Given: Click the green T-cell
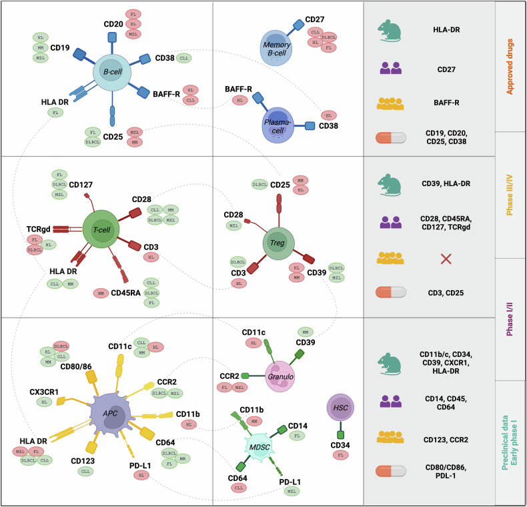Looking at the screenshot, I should (101, 229).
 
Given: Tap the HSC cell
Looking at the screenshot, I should (340, 408).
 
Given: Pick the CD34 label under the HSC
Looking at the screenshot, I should (340, 444).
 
